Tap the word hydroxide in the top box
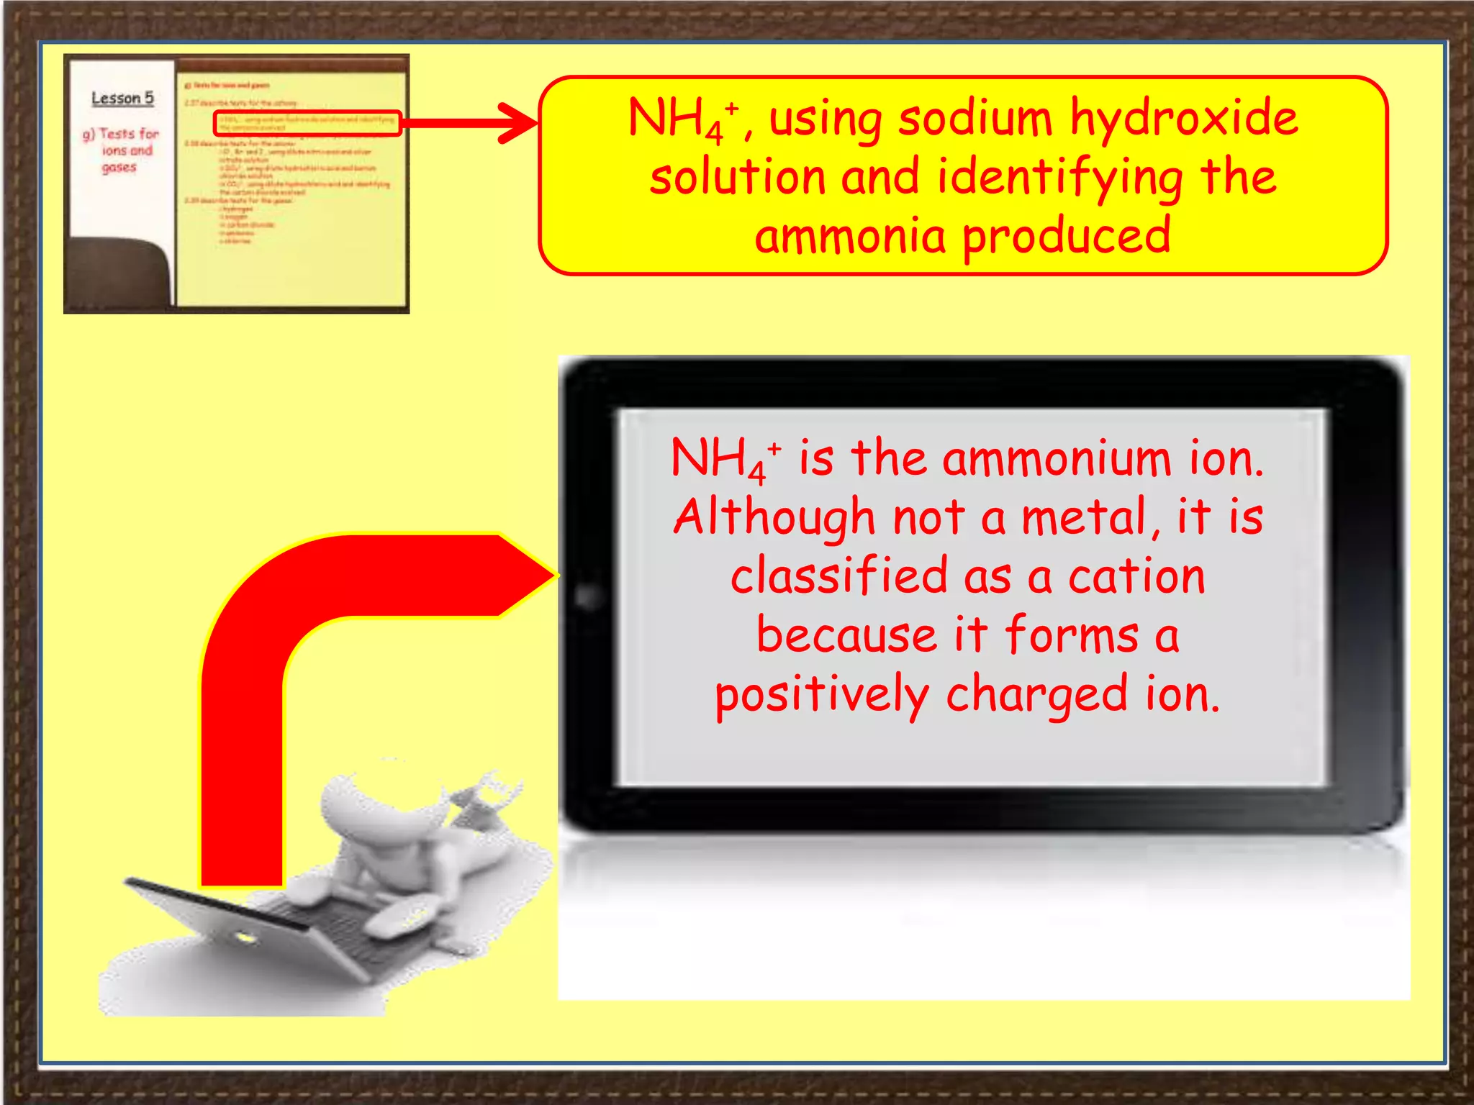(1184, 119)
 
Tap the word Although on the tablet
(774, 518)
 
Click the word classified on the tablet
(839, 577)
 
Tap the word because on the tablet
(846, 636)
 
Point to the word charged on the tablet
(1036, 696)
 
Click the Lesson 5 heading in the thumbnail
(122, 99)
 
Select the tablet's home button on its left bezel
(589, 596)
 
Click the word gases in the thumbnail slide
(119, 168)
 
